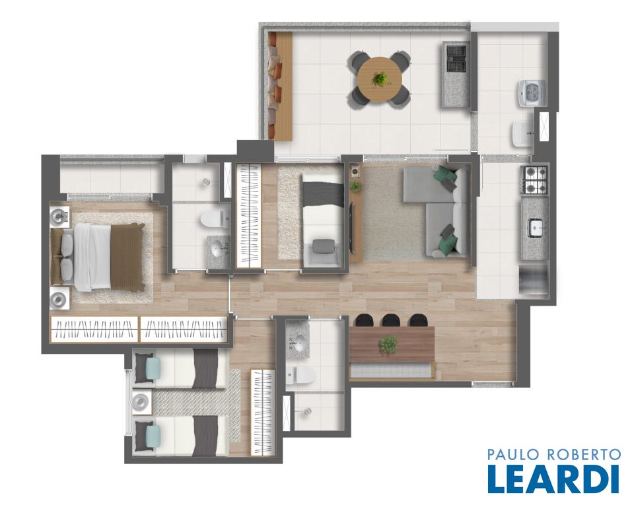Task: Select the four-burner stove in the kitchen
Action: pos(536,180)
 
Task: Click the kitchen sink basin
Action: pos(536,229)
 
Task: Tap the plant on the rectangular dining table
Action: pos(388,345)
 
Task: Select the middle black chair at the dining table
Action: pos(391,320)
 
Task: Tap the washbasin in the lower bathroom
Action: pos(299,345)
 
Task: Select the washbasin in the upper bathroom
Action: pos(219,247)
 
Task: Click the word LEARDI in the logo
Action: pos(553,479)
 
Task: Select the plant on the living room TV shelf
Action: pos(355,186)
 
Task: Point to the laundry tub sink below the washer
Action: pos(523,134)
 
